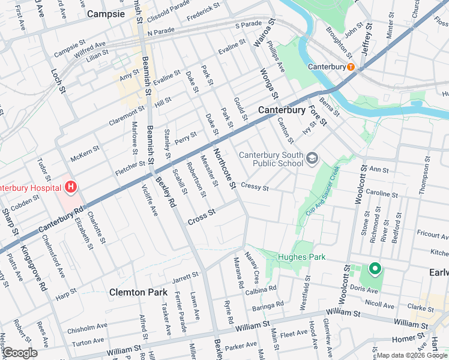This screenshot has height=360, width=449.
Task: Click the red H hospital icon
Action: click(71, 187)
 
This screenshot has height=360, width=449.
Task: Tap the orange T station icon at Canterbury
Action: click(350, 67)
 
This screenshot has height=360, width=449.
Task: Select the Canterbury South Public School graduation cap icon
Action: click(312, 158)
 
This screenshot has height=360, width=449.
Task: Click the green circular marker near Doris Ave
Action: click(375, 269)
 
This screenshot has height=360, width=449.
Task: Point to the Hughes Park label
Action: click(301, 257)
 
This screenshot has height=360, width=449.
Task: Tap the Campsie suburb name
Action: click(106, 13)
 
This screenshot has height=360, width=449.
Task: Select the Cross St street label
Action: click(201, 217)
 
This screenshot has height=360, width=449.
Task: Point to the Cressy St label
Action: click(255, 187)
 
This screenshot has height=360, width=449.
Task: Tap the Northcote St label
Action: click(224, 167)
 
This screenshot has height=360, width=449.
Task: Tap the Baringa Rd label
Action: click(268, 306)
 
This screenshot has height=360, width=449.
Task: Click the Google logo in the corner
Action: click(19, 353)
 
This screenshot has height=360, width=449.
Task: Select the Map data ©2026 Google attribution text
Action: click(412, 355)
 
